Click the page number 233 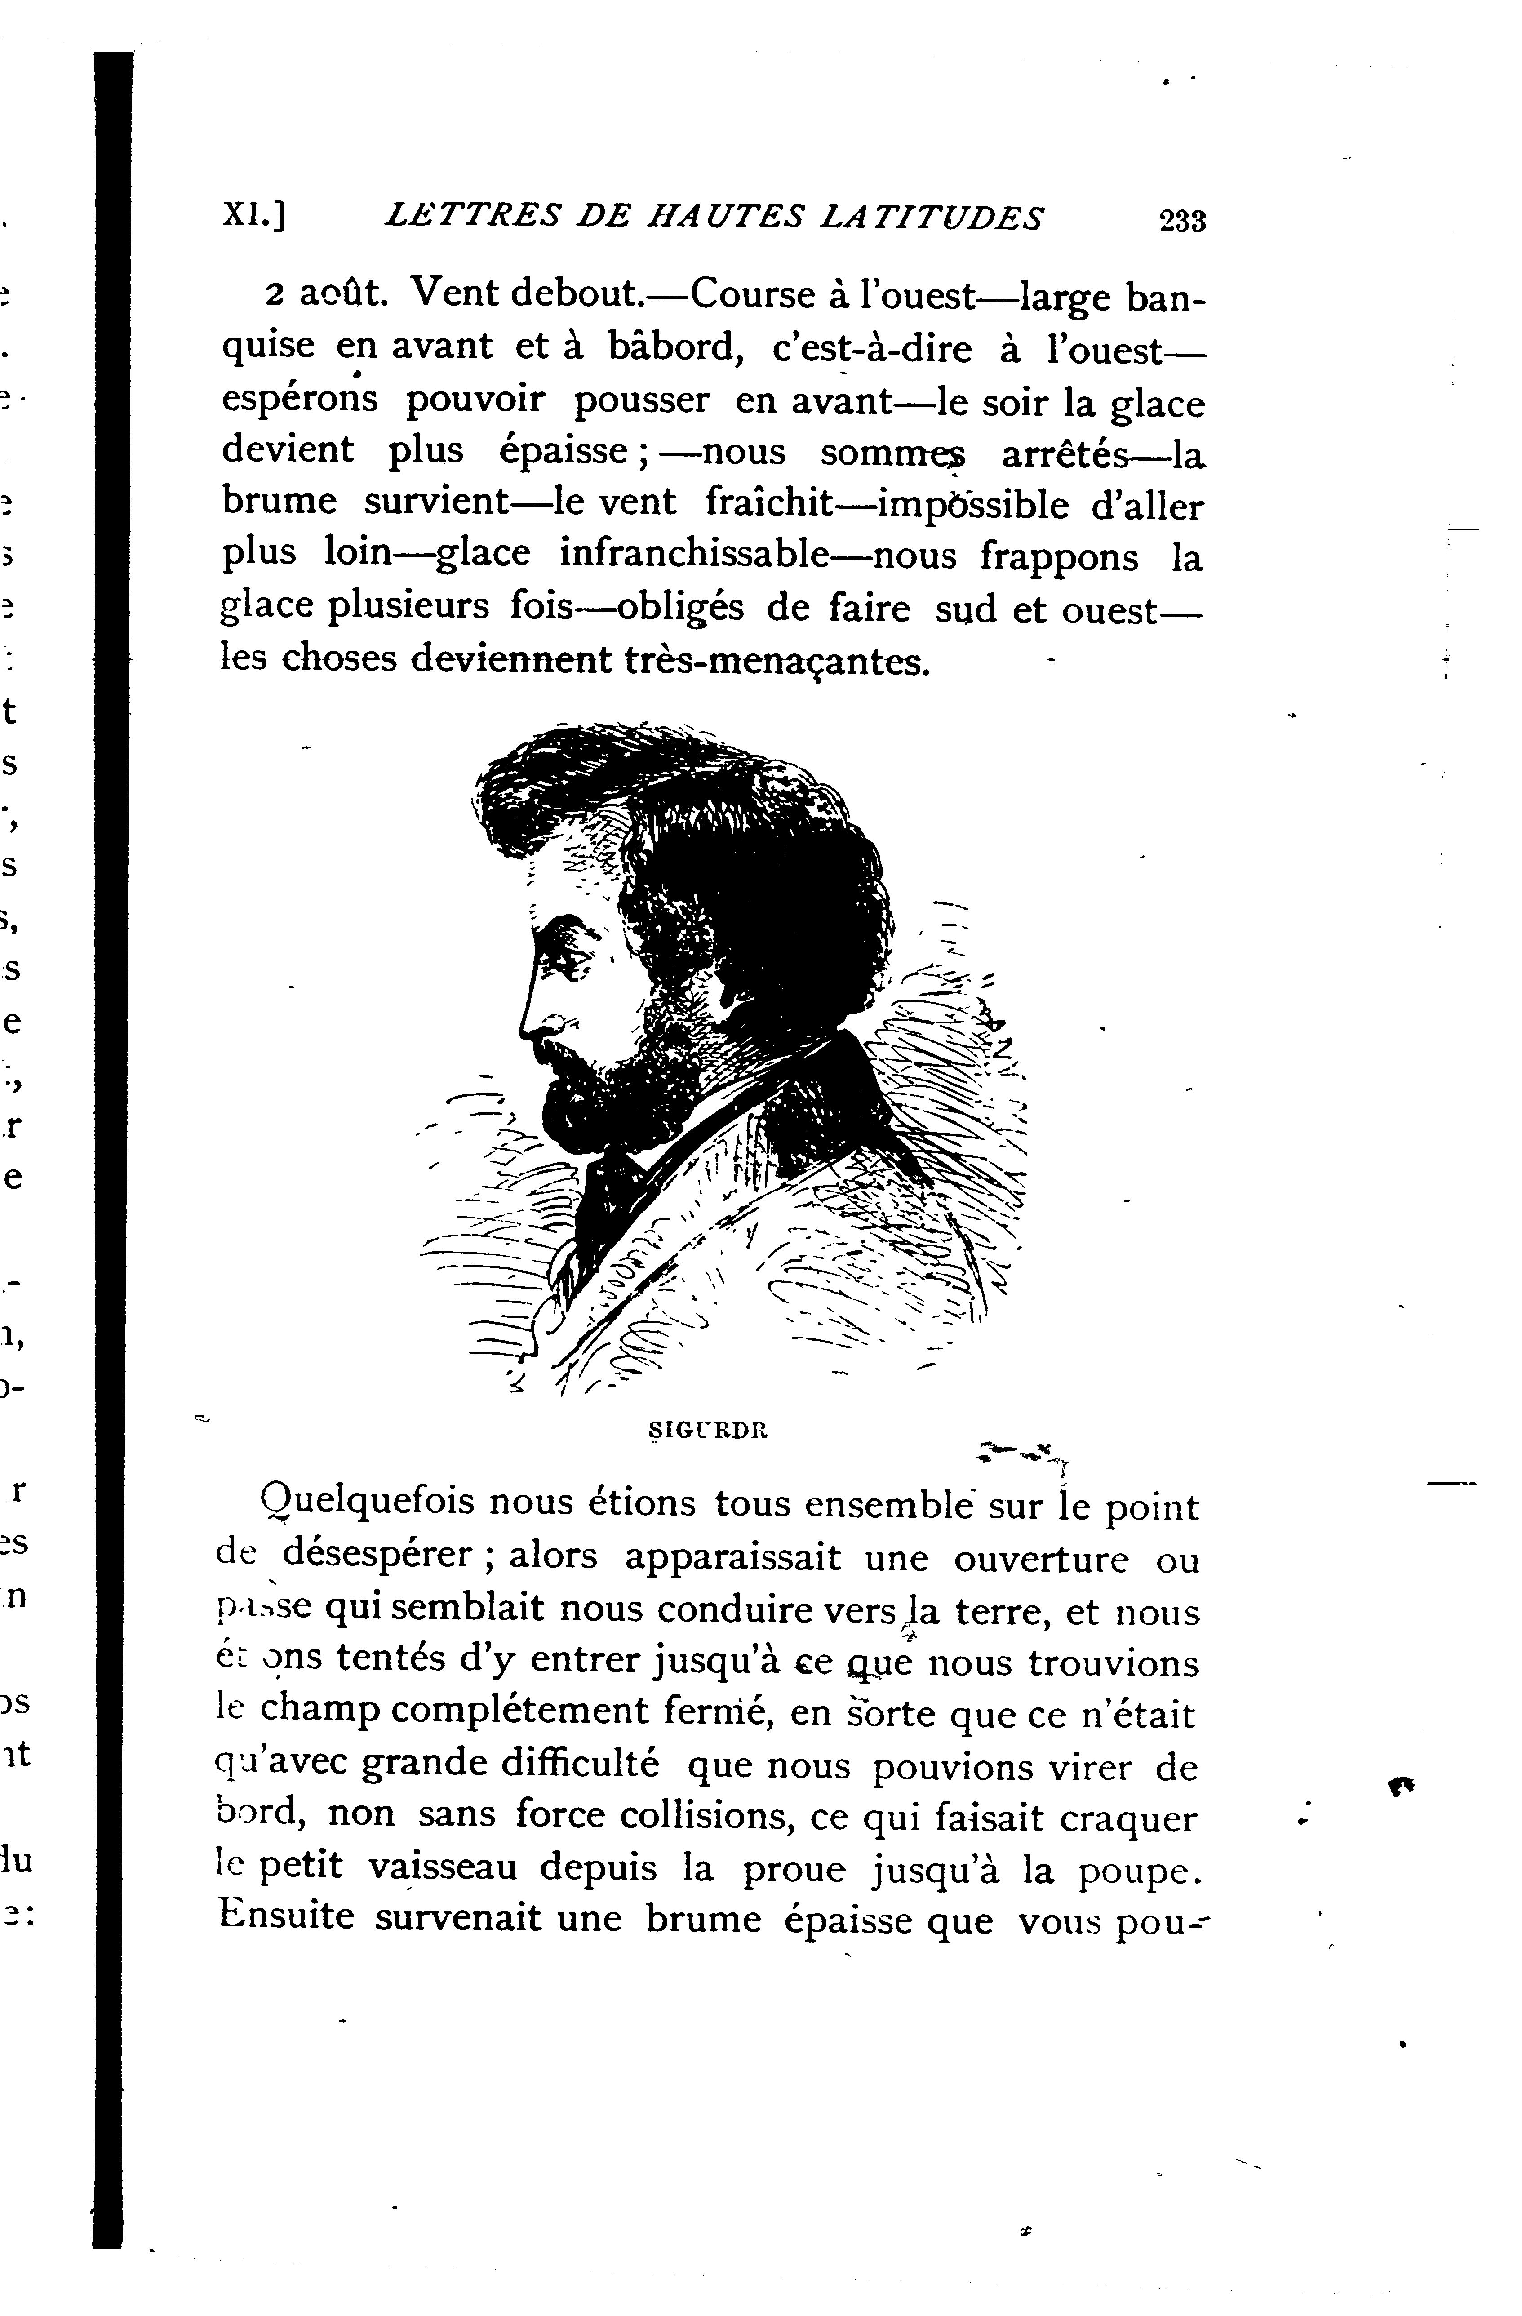(1181, 221)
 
